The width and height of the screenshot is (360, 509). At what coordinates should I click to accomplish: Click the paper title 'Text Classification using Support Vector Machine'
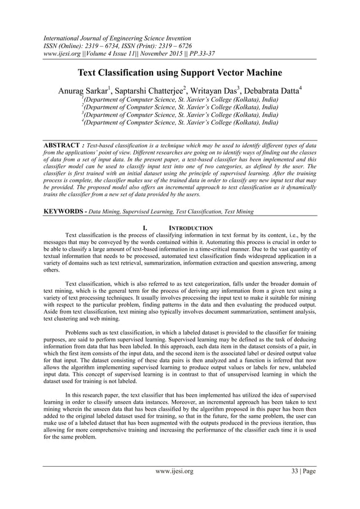(x=180, y=73)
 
